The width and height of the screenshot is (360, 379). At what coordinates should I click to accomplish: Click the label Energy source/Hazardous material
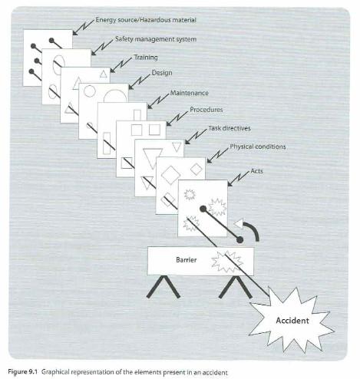click(x=146, y=20)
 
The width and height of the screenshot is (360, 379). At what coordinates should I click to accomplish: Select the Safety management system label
click(x=156, y=39)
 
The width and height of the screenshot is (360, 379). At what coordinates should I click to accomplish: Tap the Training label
click(x=146, y=58)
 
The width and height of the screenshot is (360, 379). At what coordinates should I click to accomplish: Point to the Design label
click(x=162, y=73)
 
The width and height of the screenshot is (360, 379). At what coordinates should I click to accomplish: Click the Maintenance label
click(x=190, y=93)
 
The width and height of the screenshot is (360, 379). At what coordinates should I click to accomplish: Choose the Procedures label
click(x=206, y=110)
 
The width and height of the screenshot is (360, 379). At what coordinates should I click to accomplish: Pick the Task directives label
click(x=230, y=128)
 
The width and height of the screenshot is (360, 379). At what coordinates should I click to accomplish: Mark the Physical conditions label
click(x=258, y=147)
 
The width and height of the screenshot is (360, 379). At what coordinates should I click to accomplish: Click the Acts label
click(x=256, y=171)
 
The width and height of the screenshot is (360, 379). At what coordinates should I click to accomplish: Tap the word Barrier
click(x=187, y=260)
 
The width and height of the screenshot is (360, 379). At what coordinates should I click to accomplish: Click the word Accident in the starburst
click(x=292, y=321)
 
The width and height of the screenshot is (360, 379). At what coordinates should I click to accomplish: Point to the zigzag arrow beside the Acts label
click(x=238, y=179)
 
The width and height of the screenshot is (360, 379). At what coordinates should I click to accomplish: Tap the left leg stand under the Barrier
click(x=163, y=287)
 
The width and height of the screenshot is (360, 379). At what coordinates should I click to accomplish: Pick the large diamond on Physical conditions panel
click(x=170, y=175)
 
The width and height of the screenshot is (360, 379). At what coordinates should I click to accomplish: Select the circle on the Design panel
click(x=90, y=91)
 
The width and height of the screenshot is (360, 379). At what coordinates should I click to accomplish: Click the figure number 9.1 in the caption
click(x=32, y=371)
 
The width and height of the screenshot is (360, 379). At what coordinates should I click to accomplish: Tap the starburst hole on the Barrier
click(x=227, y=262)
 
